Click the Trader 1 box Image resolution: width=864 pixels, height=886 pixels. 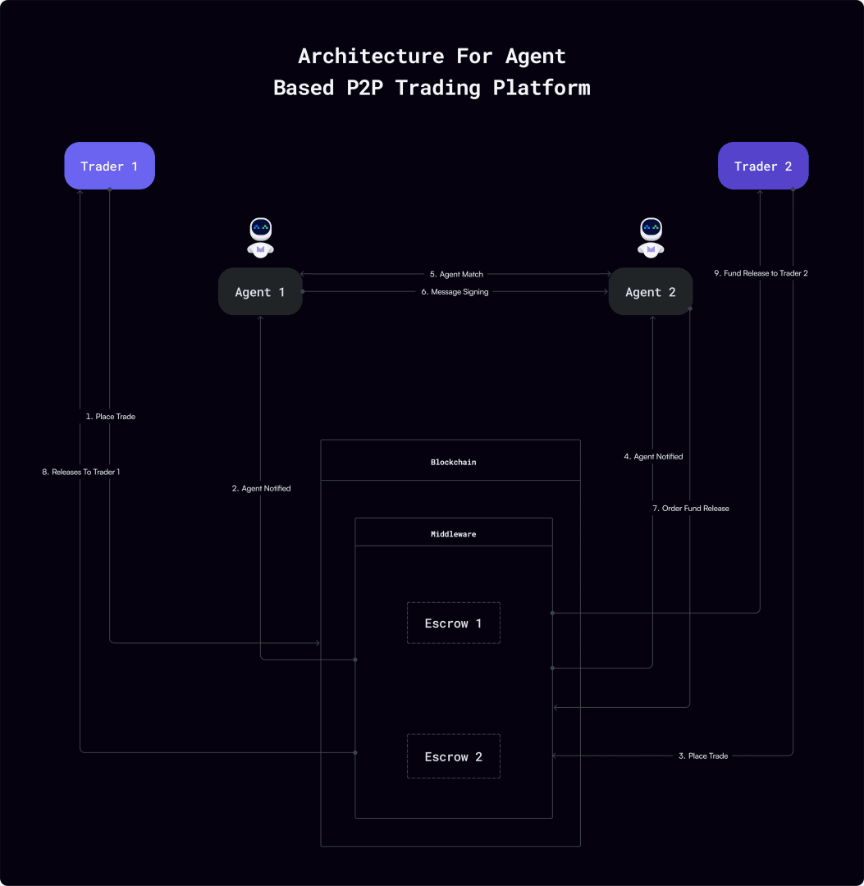(109, 167)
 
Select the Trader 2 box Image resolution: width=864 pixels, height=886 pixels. (763, 167)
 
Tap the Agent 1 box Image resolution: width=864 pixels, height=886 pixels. (260, 292)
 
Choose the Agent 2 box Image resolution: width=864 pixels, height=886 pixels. (651, 292)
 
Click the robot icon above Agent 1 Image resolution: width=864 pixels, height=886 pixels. (261, 237)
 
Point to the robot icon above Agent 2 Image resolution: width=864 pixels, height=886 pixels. (651, 237)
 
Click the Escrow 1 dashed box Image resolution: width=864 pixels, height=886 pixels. (453, 623)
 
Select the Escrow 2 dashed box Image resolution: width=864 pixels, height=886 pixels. (453, 756)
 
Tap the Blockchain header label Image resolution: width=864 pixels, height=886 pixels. (453, 462)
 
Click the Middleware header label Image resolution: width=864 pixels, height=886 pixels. (453, 533)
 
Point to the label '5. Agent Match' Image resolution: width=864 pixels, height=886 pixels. (456, 274)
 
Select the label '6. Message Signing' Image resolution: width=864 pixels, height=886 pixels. (455, 292)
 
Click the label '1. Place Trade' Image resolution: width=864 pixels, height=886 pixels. (110, 417)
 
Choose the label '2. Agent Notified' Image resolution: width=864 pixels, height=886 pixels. (261, 488)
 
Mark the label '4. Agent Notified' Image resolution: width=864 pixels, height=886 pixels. (653, 456)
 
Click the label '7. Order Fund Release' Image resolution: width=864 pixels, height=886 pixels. (690, 509)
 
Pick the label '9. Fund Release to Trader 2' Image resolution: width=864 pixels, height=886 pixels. (760, 273)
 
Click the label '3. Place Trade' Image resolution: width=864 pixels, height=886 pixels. (702, 756)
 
